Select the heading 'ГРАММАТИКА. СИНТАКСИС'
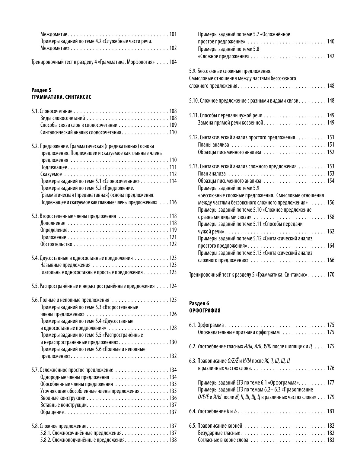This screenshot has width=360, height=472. pyautogui.click(x=61, y=97)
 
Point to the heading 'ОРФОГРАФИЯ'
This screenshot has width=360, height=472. pyautogui.click(x=205, y=310)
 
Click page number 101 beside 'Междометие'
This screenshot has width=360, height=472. pyautogui.click(x=173, y=34)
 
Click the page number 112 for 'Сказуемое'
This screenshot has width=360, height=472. pyautogui.click(x=173, y=174)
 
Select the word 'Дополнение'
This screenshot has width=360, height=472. pyautogui.click(x=53, y=223)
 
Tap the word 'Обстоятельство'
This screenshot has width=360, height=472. pyautogui.click(x=56, y=244)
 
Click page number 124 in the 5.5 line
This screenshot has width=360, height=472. pyautogui.click(x=173, y=286)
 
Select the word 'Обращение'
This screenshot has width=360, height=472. pyautogui.click(x=52, y=412)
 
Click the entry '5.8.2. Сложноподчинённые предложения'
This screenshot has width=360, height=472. pyautogui.click(x=82, y=440)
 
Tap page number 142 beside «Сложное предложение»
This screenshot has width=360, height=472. pyautogui.click(x=331, y=56)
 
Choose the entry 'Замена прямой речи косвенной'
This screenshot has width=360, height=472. pyautogui.click(x=231, y=122)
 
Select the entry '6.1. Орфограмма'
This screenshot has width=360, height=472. pyautogui.click(x=206, y=325)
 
